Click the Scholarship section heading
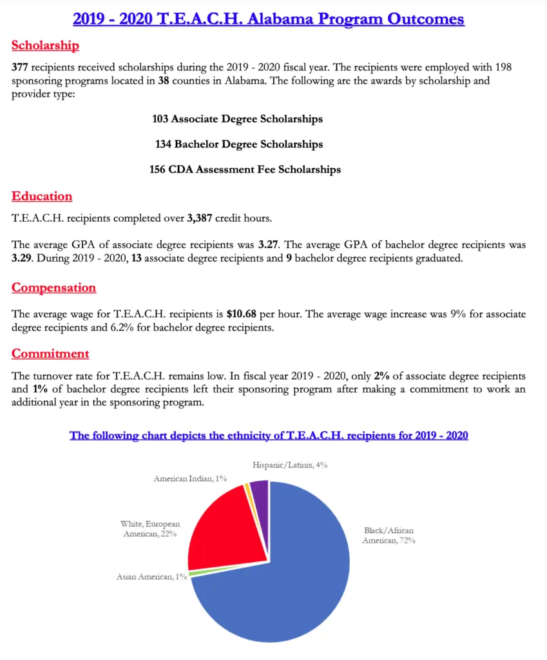pyautogui.click(x=45, y=46)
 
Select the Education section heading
pyautogui.click(x=42, y=196)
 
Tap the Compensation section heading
pyautogui.click(x=53, y=287)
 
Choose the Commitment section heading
pyautogui.click(x=50, y=353)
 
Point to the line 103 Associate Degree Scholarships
pyautogui.click(x=237, y=119)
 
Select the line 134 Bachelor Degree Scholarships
pyautogui.click(x=238, y=144)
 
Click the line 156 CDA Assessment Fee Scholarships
pyautogui.click(x=245, y=170)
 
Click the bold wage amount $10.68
pyautogui.click(x=241, y=314)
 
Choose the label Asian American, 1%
pyautogui.click(x=151, y=577)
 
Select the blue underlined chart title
pyautogui.click(x=269, y=436)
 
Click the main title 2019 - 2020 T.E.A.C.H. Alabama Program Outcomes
pyautogui.click(x=269, y=19)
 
